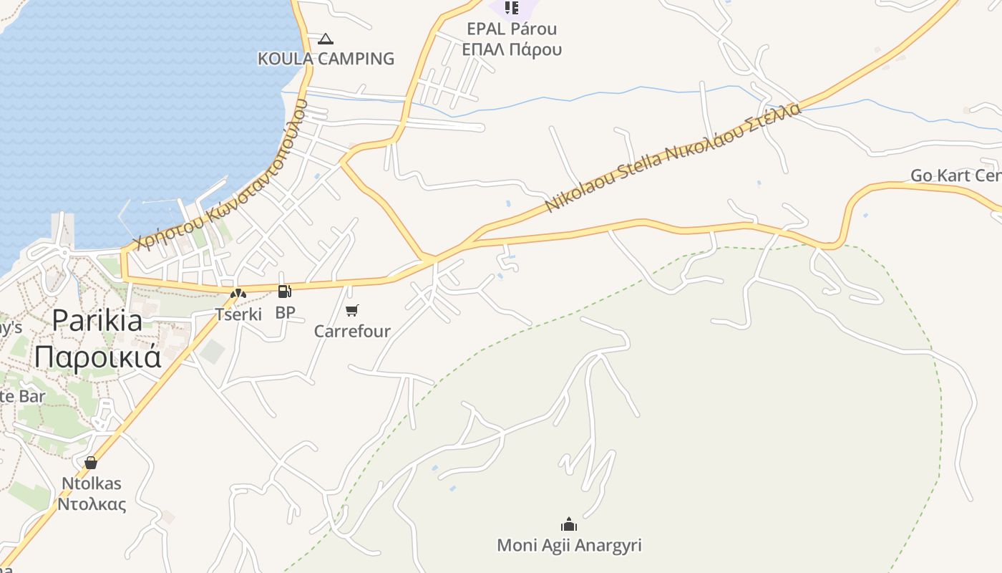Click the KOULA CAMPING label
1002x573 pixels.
click(x=326, y=59)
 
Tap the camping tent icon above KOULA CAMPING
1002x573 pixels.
click(x=326, y=39)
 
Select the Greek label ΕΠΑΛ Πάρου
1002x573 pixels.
click(x=512, y=49)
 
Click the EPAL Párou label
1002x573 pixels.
click(x=512, y=29)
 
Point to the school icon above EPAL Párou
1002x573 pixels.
click(x=512, y=8)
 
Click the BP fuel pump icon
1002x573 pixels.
click(x=284, y=292)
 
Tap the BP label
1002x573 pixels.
click(x=285, y=312)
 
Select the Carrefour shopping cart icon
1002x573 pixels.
click(x=351, y=310)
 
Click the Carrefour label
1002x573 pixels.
click(x=352, y=331)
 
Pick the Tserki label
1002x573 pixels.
click(x=238, y=314)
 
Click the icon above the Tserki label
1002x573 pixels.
click(x=238, y=293)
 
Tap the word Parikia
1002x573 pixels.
click(x=97, y=320)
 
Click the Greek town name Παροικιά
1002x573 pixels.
click(x=97, y=356)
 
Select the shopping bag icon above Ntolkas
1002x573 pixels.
click(x=90, y=462)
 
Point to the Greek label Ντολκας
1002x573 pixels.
click(x=92, y=504)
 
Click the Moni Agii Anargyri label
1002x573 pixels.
click(x=569, y=545)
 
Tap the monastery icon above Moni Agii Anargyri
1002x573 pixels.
click(x=569, y=524)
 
